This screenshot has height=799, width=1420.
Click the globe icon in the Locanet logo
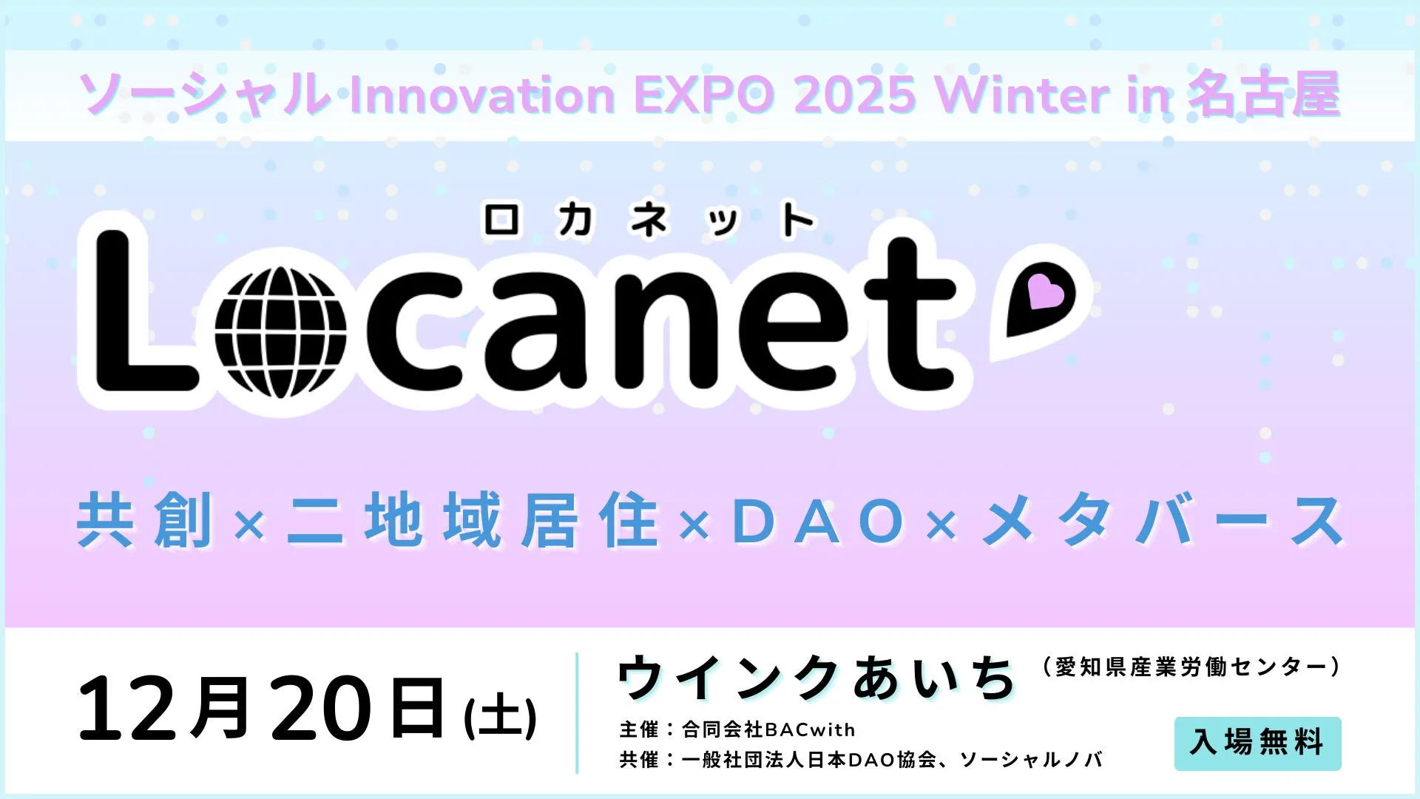[x=280, y=332]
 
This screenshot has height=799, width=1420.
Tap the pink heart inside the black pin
[x=1045, y=291]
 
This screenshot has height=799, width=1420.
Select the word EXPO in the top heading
[x=703, y=95]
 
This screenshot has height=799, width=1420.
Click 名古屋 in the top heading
[x=1264, y=95]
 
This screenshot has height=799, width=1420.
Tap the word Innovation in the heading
[x=481, y=95]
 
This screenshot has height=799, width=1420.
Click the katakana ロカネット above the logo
[x=649, y=220]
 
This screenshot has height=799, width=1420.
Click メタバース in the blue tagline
[x=1163, y=522]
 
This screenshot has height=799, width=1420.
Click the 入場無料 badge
[x=1257, y=743]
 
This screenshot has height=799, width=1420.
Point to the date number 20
[x=320, y=709]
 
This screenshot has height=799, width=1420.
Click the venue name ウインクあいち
[x=816, y=678]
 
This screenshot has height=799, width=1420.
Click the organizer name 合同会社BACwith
[x=768, y=729]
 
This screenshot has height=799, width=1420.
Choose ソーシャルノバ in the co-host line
[x=1031, y=760]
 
